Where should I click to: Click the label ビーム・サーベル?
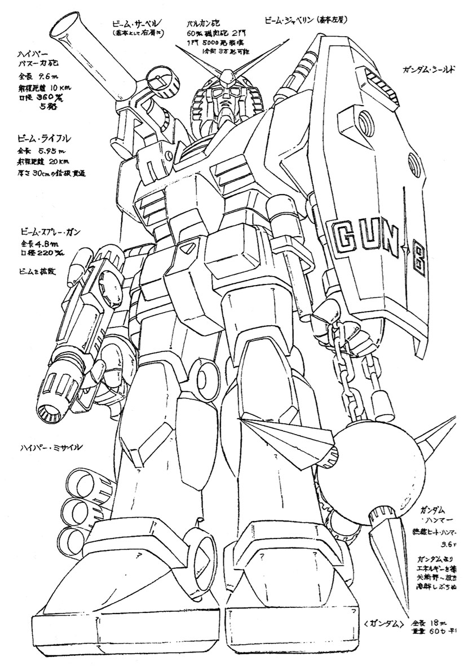138,23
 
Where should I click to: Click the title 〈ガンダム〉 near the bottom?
383,624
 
